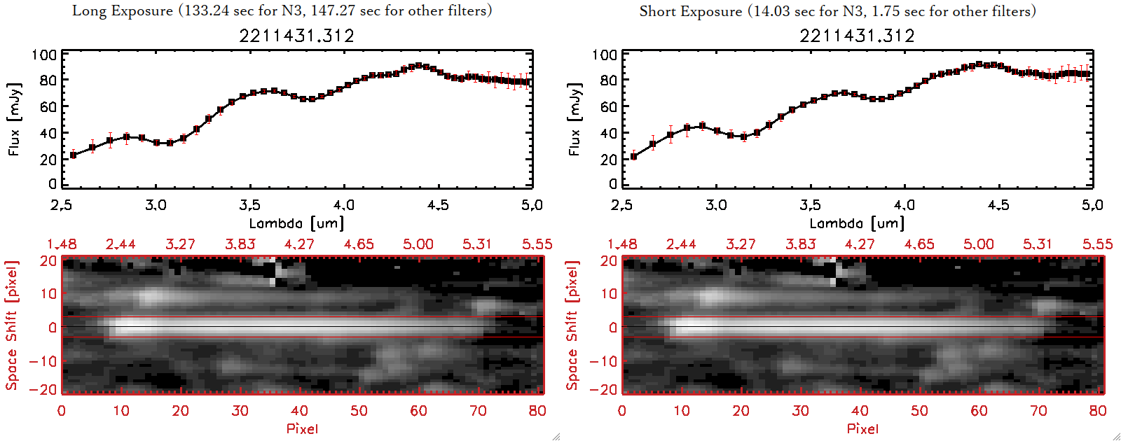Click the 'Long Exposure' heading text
coord(123,10)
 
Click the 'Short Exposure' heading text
coord(690,11)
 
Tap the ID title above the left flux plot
coord(296,36)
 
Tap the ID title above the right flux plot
coord(857,36)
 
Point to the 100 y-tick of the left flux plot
coord(44,55)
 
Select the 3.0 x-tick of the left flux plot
coord(156,205)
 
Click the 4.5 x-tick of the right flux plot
coord(998,205)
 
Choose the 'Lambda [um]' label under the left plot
coord(296,223)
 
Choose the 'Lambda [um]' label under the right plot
coord(857,223)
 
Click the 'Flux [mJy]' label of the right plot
coord(575,119)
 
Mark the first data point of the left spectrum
coord(73,155)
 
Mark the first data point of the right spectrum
coord(634,156)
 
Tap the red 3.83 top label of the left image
coord(240,244)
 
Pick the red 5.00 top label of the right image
coord(978,244)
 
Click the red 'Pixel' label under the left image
coord(302,428)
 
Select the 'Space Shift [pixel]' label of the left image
coord(12,325)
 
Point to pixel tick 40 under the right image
coord(860,411)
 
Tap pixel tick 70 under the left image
coord(478,411)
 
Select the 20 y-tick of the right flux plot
coord(607,159)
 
